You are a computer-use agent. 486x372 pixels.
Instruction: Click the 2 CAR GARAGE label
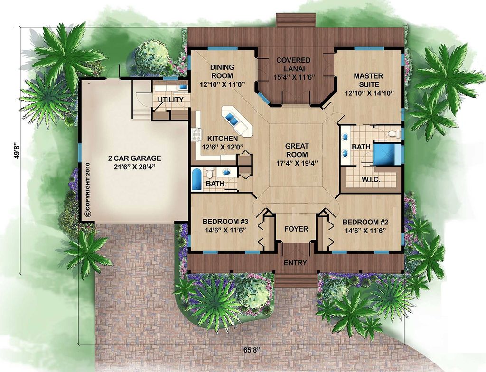[x=134, y=158]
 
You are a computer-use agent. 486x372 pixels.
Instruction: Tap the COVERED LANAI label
[x=294, y=60]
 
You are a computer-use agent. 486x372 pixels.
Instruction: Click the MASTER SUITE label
[x=368, y=76]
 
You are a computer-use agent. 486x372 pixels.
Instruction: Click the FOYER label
[x=296, y=229]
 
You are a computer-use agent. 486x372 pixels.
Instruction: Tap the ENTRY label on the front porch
[x=296, y=263]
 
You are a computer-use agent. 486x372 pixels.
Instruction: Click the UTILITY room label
[x=171, y=100]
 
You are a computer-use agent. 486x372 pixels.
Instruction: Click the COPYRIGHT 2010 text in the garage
[x=87, y=190]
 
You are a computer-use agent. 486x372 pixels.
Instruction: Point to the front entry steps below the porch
[x=296, y=279]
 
